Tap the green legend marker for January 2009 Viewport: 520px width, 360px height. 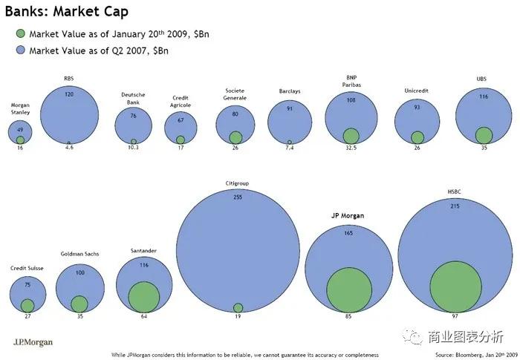pos(19,33)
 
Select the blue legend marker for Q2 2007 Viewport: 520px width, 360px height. pos(19,50)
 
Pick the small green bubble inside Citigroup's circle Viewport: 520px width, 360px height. pos(238,308)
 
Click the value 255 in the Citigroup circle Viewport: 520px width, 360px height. pos(238,197)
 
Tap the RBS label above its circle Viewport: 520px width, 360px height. pos(69,77)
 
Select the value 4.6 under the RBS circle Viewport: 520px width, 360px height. pos(69,148)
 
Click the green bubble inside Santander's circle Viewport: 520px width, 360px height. pos(143,297)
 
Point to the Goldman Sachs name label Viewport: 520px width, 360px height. pos(79,254)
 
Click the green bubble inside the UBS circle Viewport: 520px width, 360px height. pos(484,135)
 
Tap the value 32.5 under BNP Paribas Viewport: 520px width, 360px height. pos(351,148)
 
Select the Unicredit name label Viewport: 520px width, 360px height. pos(417,91)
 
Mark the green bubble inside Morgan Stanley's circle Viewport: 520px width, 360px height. pos(20,140)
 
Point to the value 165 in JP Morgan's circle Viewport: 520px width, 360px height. pos(349,234)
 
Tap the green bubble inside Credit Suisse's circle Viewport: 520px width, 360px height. pos(27,305)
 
